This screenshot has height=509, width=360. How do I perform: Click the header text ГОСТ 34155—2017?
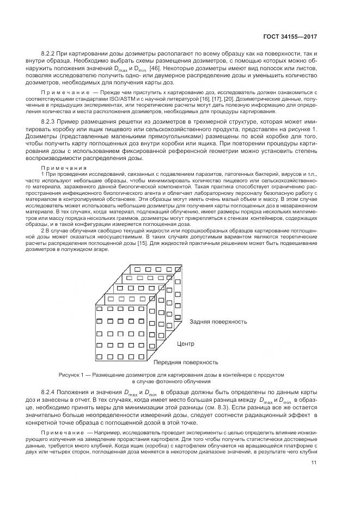(x=291, y=36)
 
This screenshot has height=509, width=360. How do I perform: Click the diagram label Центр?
(x=185, y=344)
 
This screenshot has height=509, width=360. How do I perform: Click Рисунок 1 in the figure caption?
(x=72, y=375)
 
